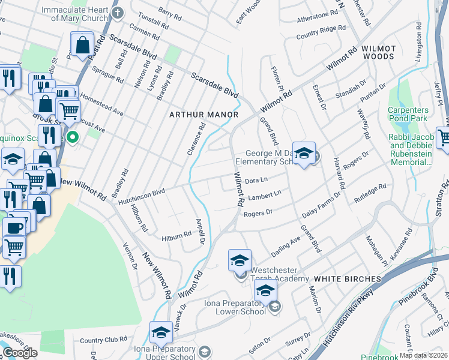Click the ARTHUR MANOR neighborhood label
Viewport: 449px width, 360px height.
(204, 114)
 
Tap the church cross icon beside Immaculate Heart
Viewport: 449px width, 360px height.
(118, 11)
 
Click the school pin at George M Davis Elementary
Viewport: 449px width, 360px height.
(304, 154)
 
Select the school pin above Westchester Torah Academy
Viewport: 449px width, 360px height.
(240, 261)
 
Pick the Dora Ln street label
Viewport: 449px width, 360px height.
(256, 179)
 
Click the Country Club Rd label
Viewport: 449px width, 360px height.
(103, 340)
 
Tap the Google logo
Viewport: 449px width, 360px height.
(20, 352)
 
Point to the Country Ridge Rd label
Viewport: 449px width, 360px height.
(321, 29)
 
